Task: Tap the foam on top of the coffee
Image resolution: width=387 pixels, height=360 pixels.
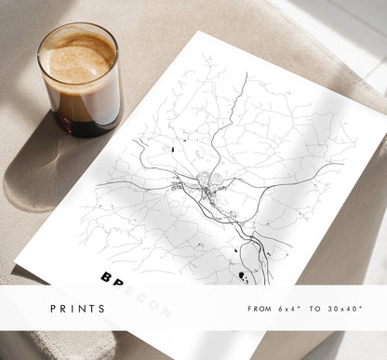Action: click(76, 55)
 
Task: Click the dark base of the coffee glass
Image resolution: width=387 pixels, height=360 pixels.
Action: click(82, 124)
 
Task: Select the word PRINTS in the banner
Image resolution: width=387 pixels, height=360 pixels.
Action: click(78, 308)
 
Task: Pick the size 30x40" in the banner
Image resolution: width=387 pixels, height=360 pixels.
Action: click(346, 308)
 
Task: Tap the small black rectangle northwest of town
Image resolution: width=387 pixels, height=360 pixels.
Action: click(173, 148)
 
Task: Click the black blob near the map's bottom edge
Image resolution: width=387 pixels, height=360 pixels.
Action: click(242, 275)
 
